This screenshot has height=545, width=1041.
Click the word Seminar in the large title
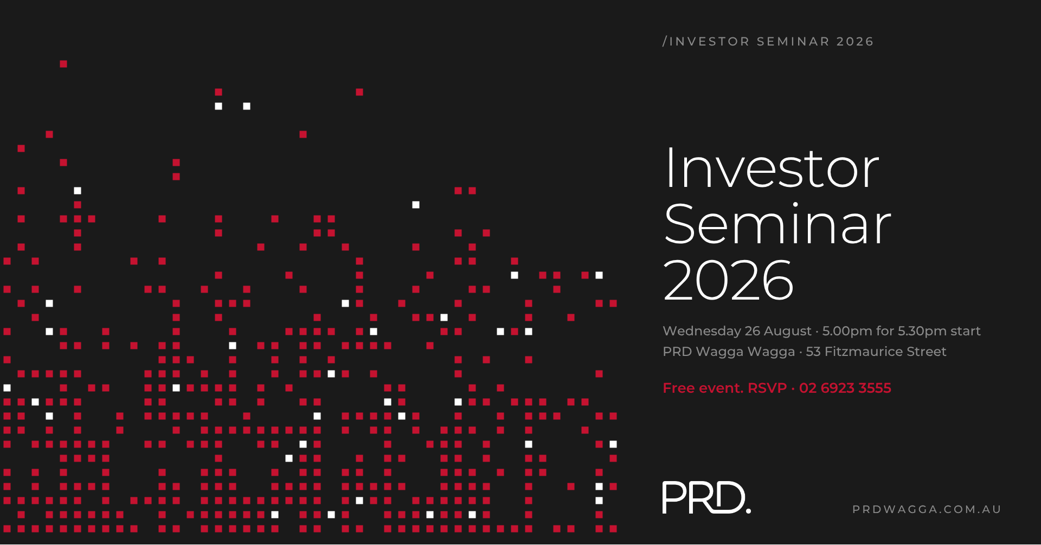[x=777, y=224]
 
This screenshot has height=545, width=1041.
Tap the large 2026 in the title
[x=728, y=280]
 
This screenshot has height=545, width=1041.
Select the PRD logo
[x=706, y=497]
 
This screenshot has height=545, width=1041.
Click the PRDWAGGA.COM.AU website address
[x=927, y=509]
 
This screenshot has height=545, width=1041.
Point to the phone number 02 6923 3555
[x=845, y=388]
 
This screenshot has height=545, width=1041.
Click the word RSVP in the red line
[x=767, y=388]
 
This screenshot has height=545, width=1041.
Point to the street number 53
[x=813, y=352]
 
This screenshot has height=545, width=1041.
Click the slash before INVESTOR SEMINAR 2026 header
[x=665, y=42]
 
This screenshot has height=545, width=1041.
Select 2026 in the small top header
[x=855, y=42]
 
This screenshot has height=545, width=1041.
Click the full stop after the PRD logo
[x=748, y=510]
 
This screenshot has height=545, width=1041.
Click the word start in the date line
[x=966, y=332]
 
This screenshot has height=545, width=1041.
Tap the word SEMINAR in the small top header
[x=793, y=42]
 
